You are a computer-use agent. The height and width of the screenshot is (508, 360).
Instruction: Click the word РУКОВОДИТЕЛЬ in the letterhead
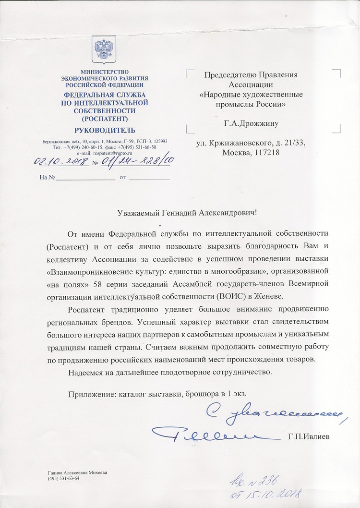[x=105, y=130]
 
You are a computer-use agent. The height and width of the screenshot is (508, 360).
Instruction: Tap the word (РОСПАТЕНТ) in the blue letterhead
[x=105, y=118]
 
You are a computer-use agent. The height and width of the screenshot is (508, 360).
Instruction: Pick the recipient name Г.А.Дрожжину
[x=251, y=123]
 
